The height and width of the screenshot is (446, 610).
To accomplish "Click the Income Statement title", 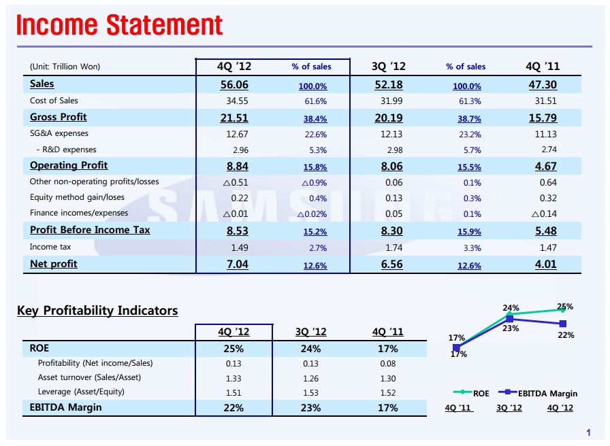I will (120, 25).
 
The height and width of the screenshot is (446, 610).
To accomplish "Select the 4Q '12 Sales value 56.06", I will (234, 84).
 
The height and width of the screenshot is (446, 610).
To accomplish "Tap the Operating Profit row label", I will (69, 165).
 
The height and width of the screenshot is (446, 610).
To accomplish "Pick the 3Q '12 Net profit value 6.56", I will (392, 264).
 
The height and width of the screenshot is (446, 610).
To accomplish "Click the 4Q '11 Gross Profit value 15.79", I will (543, 118).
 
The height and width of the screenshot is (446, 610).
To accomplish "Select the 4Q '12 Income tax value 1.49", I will (237, 247).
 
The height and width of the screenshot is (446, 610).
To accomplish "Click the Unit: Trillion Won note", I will (65, 67).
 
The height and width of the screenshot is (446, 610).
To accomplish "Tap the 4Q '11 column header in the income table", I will (543, 66).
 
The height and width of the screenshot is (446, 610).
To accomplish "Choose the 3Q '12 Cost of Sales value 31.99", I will (392, 101).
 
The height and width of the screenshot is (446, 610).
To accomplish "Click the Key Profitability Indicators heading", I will (97, 311).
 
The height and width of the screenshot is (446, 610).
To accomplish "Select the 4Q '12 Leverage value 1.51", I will (234, 392).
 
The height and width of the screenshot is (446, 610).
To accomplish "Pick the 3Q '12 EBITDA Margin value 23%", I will (310, 408).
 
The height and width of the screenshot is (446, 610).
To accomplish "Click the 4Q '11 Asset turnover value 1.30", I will (387, 377).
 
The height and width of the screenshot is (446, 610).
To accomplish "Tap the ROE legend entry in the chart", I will (472, 393).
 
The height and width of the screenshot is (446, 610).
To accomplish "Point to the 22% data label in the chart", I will (566, 335).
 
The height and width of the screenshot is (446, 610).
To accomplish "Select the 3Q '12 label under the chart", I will (509, 408).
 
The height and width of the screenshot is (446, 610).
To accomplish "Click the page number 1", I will (589, 432).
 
